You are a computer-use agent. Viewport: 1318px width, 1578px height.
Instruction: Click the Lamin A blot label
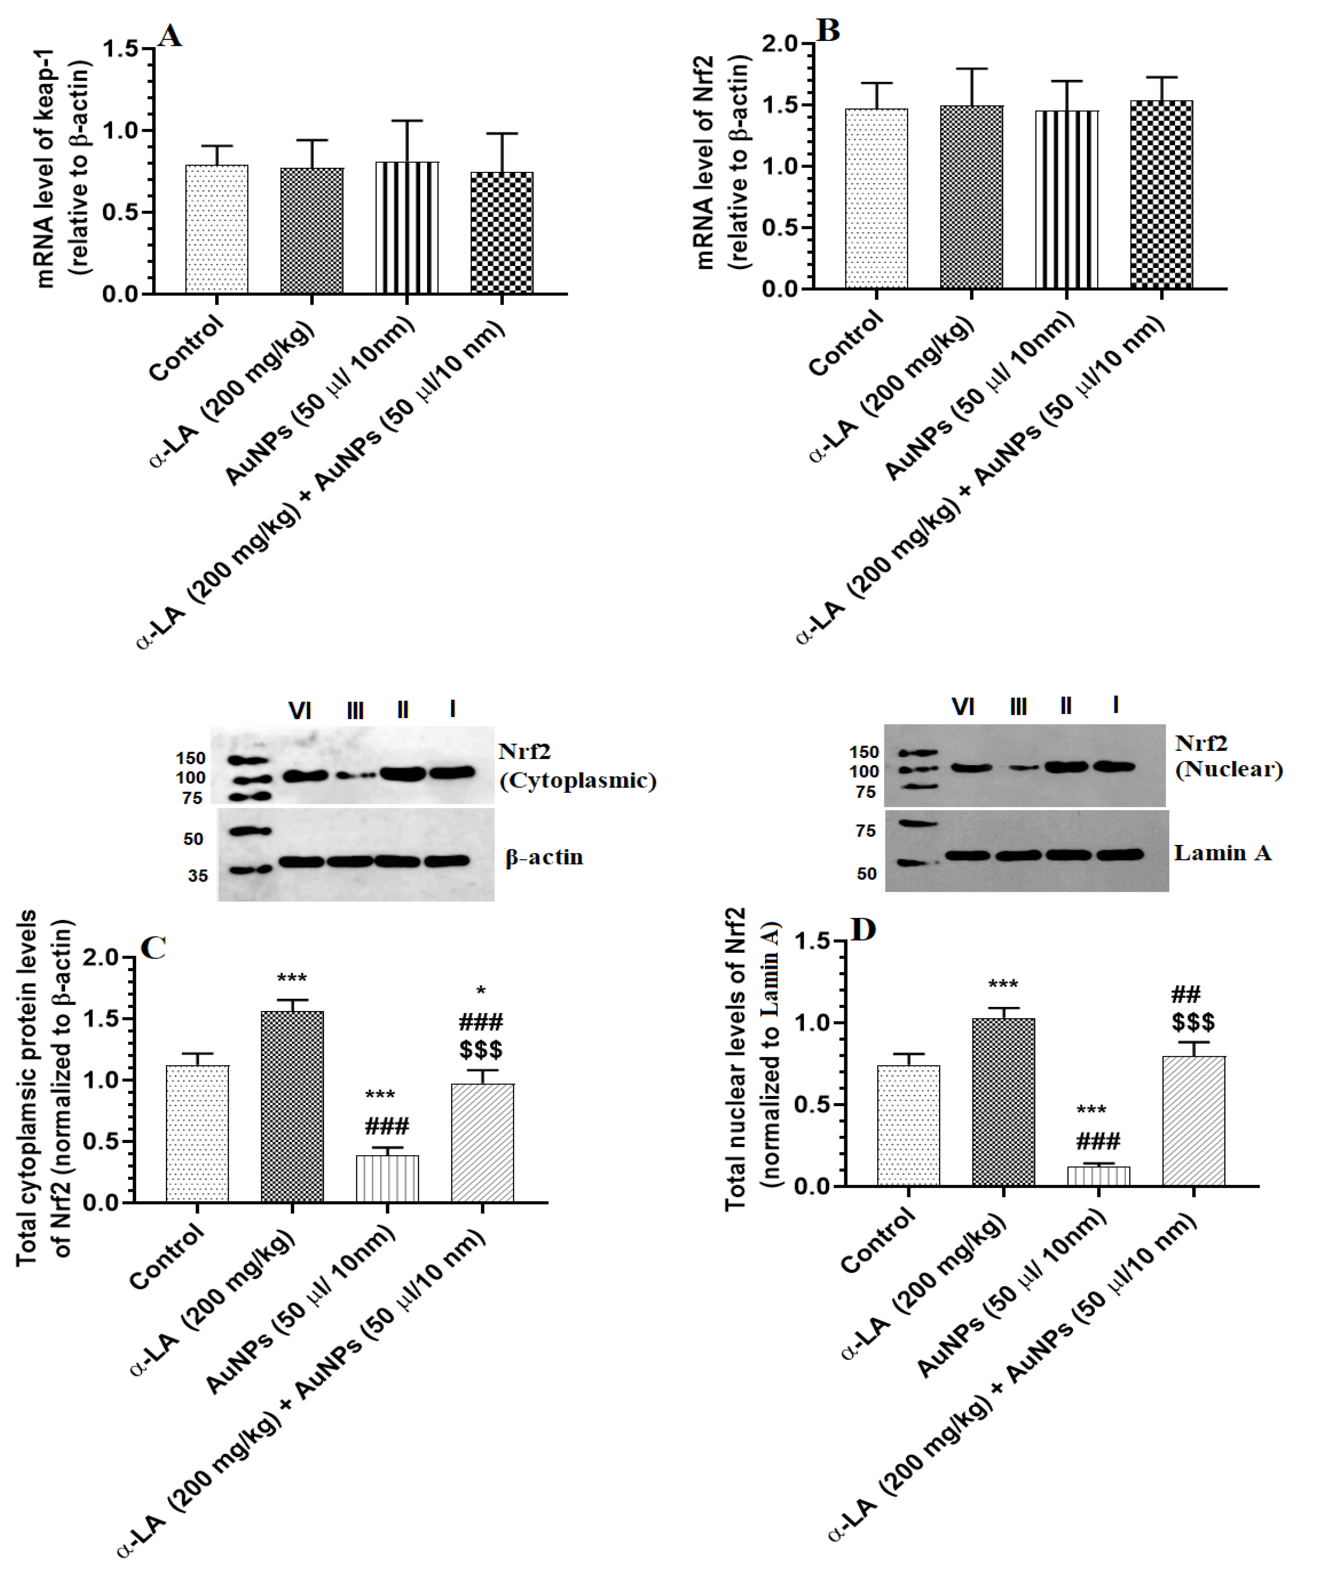[x=1222, y=853]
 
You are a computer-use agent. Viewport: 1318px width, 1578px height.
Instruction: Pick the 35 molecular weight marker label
[x=198, y=875]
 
